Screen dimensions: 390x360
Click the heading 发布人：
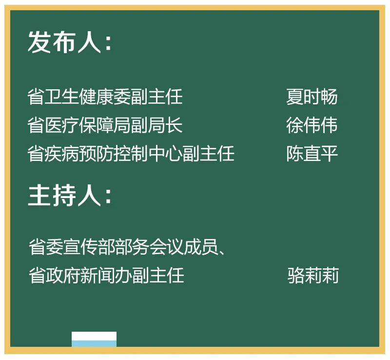click(70, 42)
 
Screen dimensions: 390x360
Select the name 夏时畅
click(312, 97)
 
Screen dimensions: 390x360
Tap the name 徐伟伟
click(312, 125)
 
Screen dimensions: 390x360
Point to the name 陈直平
click(312, 153)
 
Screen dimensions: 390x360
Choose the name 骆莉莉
click(313, 275)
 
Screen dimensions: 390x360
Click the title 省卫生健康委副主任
click(105, 97)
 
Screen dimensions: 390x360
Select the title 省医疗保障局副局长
click(105, 125)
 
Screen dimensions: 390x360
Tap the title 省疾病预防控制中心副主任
click(131, 153)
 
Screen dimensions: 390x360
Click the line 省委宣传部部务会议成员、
click(127, 247)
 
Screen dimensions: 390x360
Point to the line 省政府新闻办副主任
click(106, 275)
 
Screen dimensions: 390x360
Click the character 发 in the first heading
click(39, 42)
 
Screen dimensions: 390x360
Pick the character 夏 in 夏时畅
click(295, 97)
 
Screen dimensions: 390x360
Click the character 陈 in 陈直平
click(295, 153)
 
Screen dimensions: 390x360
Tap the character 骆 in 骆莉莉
click(296, 275)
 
